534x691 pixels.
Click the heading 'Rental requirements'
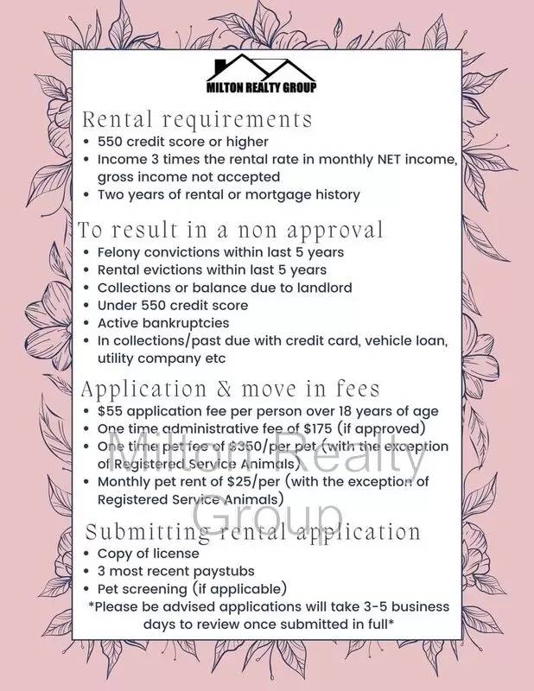click(x=196, y=118)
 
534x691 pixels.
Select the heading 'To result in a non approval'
click(x=231, y=230)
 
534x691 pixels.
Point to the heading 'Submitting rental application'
click(x=252, y=530)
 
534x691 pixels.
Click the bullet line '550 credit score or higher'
click(x=182, y=141)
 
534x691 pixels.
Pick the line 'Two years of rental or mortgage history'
click(x=228, y=194)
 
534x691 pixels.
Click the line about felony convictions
click(x=220, y=252)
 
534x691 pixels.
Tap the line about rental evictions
click(x=212, y=270)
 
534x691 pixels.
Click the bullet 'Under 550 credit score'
click(x=172, y=306)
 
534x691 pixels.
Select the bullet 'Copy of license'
click(x=148, y=553)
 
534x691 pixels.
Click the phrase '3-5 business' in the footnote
click(x=407, y=606)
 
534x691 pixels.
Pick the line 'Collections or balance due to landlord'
click(x=225, y=288)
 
